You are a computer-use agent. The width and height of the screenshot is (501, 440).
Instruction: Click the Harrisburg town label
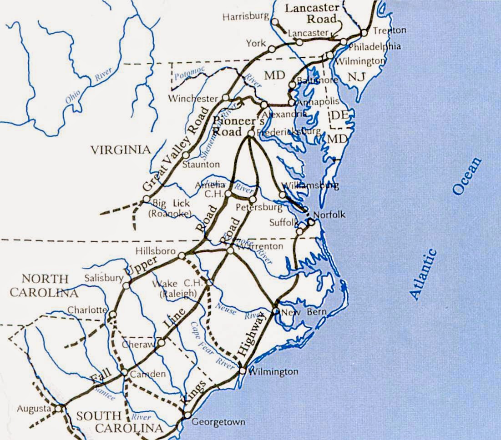click(x=246, y=17)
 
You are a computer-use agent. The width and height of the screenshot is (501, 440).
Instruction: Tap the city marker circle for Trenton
click(x=364, y=33)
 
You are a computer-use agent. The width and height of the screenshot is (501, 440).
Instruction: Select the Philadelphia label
click(x=375, y=46)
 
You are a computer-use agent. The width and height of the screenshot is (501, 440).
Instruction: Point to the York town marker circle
click(x=272, y=49)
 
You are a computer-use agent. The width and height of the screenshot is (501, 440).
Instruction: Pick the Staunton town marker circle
click(x=186, y=155)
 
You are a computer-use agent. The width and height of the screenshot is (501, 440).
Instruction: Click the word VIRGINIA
click(x=120, y=150)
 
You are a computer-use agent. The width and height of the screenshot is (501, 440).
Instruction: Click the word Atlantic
click(x=423, y=274)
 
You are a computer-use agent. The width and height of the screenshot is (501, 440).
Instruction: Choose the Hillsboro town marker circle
click(x=182, y=256)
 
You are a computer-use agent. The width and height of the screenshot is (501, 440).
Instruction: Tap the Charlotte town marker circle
click(x=113, y=314)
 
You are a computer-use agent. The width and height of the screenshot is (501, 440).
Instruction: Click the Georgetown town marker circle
click(x=187, y=415)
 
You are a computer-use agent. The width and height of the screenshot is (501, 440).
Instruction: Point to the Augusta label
click(x=33, y=408)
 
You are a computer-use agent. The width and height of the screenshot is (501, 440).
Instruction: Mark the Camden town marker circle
click(x=124, y=373)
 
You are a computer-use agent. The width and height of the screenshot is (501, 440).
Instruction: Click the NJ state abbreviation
click(x=357, y=78)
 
